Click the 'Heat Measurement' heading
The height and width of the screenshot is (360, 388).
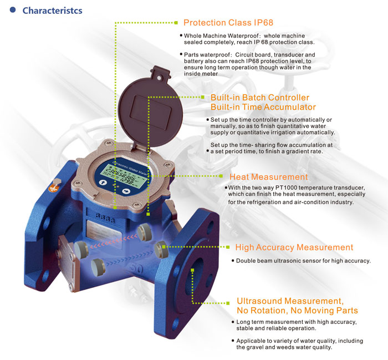point(268,177)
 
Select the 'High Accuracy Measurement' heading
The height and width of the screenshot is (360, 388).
point(294,247)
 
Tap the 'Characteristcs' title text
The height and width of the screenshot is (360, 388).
point(52,11)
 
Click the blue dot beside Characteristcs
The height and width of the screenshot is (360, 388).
point(12,11)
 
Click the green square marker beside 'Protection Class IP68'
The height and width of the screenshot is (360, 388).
point(177,23)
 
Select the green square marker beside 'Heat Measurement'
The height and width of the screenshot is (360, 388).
point(223,177)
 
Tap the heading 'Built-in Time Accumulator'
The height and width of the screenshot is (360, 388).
point(263,107)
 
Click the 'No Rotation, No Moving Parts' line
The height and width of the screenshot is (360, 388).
point(297,310)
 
